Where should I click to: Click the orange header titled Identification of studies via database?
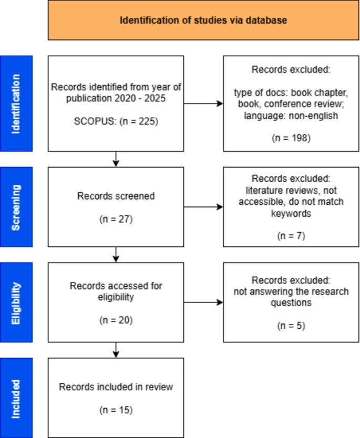click(x=203, y=20)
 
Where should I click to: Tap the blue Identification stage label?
click(x=17, y=103)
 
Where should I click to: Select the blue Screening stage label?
click(x=17, y=206)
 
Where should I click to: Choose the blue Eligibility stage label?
click(x=17, y=302)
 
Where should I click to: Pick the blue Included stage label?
click(x=17, y=398)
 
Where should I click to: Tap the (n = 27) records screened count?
click(x=116, y=219)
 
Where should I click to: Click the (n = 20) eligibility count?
click(x=116, y=319)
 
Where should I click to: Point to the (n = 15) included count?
click(x=116, y=410)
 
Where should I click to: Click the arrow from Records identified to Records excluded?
click(x=203, y=103)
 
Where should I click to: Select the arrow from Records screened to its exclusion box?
click(x=203, y=206)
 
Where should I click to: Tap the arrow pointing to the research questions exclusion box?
click(x=203, y=302)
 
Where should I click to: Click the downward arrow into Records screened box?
click(x=116, y=159)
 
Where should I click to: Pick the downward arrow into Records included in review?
click(x=116, y=350)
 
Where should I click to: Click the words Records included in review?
click(x=116, y=387)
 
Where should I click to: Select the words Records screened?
click(x=116, y=196)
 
